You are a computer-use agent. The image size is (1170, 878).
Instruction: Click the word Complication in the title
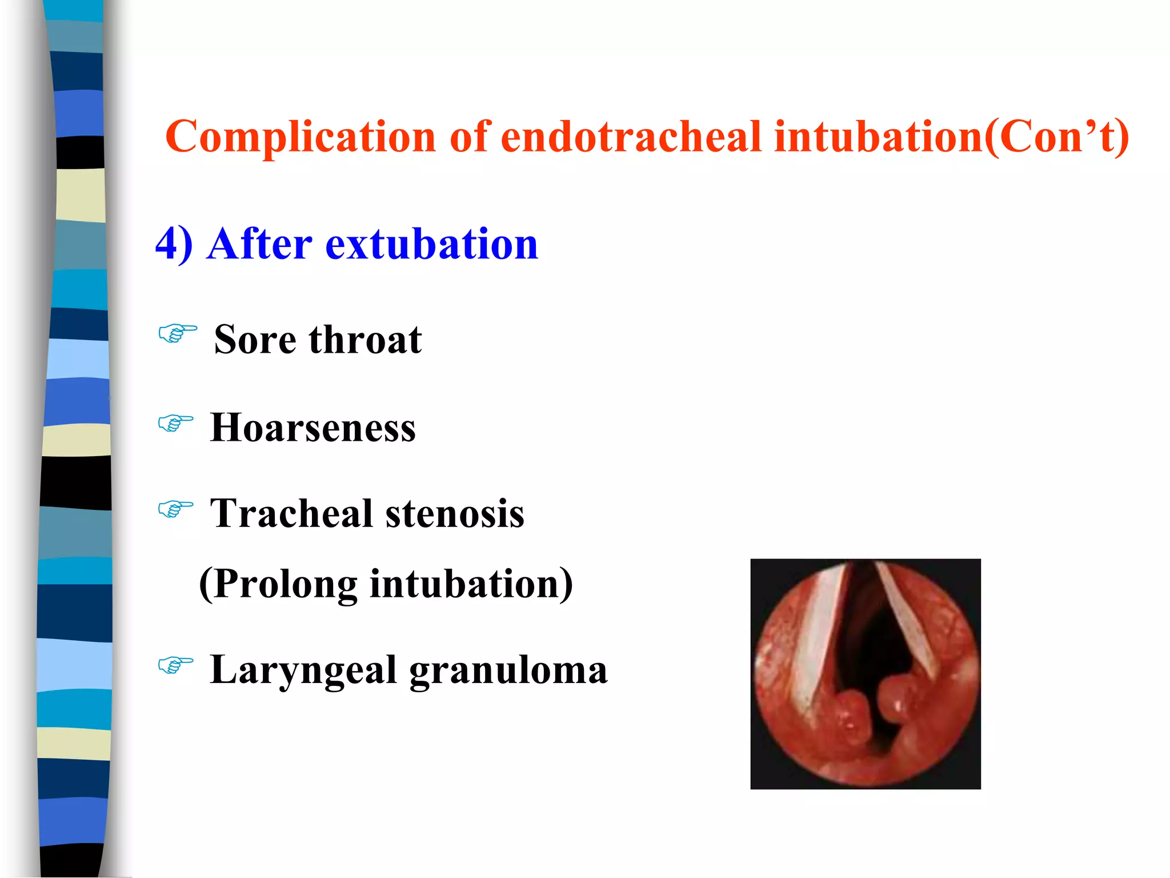(300, 137)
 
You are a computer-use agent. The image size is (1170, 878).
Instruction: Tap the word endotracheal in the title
(631, 137)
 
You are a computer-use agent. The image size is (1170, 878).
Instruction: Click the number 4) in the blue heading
(174, 244)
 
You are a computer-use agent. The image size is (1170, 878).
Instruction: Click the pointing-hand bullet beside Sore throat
(178, 333)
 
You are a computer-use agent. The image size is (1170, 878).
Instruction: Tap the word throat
(365, 340)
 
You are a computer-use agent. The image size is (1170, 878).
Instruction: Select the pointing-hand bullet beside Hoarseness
(175, 423)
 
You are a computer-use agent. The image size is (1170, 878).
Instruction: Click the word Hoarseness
(312, 428)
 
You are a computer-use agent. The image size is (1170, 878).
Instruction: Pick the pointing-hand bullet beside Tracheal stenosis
(175, 508)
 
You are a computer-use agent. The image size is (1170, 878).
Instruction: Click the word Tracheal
(291, 513)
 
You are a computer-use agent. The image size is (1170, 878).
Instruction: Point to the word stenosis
(455, 513)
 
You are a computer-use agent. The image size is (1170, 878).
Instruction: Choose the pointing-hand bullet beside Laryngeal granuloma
(175, 665)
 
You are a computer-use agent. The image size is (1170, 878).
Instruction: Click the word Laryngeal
(303, 670)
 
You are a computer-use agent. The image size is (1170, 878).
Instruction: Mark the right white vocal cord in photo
(908, 623)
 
